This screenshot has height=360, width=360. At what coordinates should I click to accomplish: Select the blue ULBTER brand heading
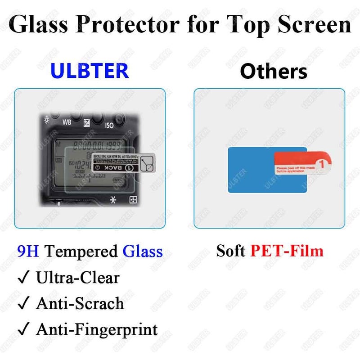pos(90,71)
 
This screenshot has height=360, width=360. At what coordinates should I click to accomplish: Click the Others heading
pos(274,71)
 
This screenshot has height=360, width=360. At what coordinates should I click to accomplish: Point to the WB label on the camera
pos(67,122)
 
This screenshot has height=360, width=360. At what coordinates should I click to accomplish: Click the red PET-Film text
pos(287,251)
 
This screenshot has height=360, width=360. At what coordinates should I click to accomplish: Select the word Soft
pos(231,251)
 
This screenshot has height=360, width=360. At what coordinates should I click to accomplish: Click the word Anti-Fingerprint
pos(97,330)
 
